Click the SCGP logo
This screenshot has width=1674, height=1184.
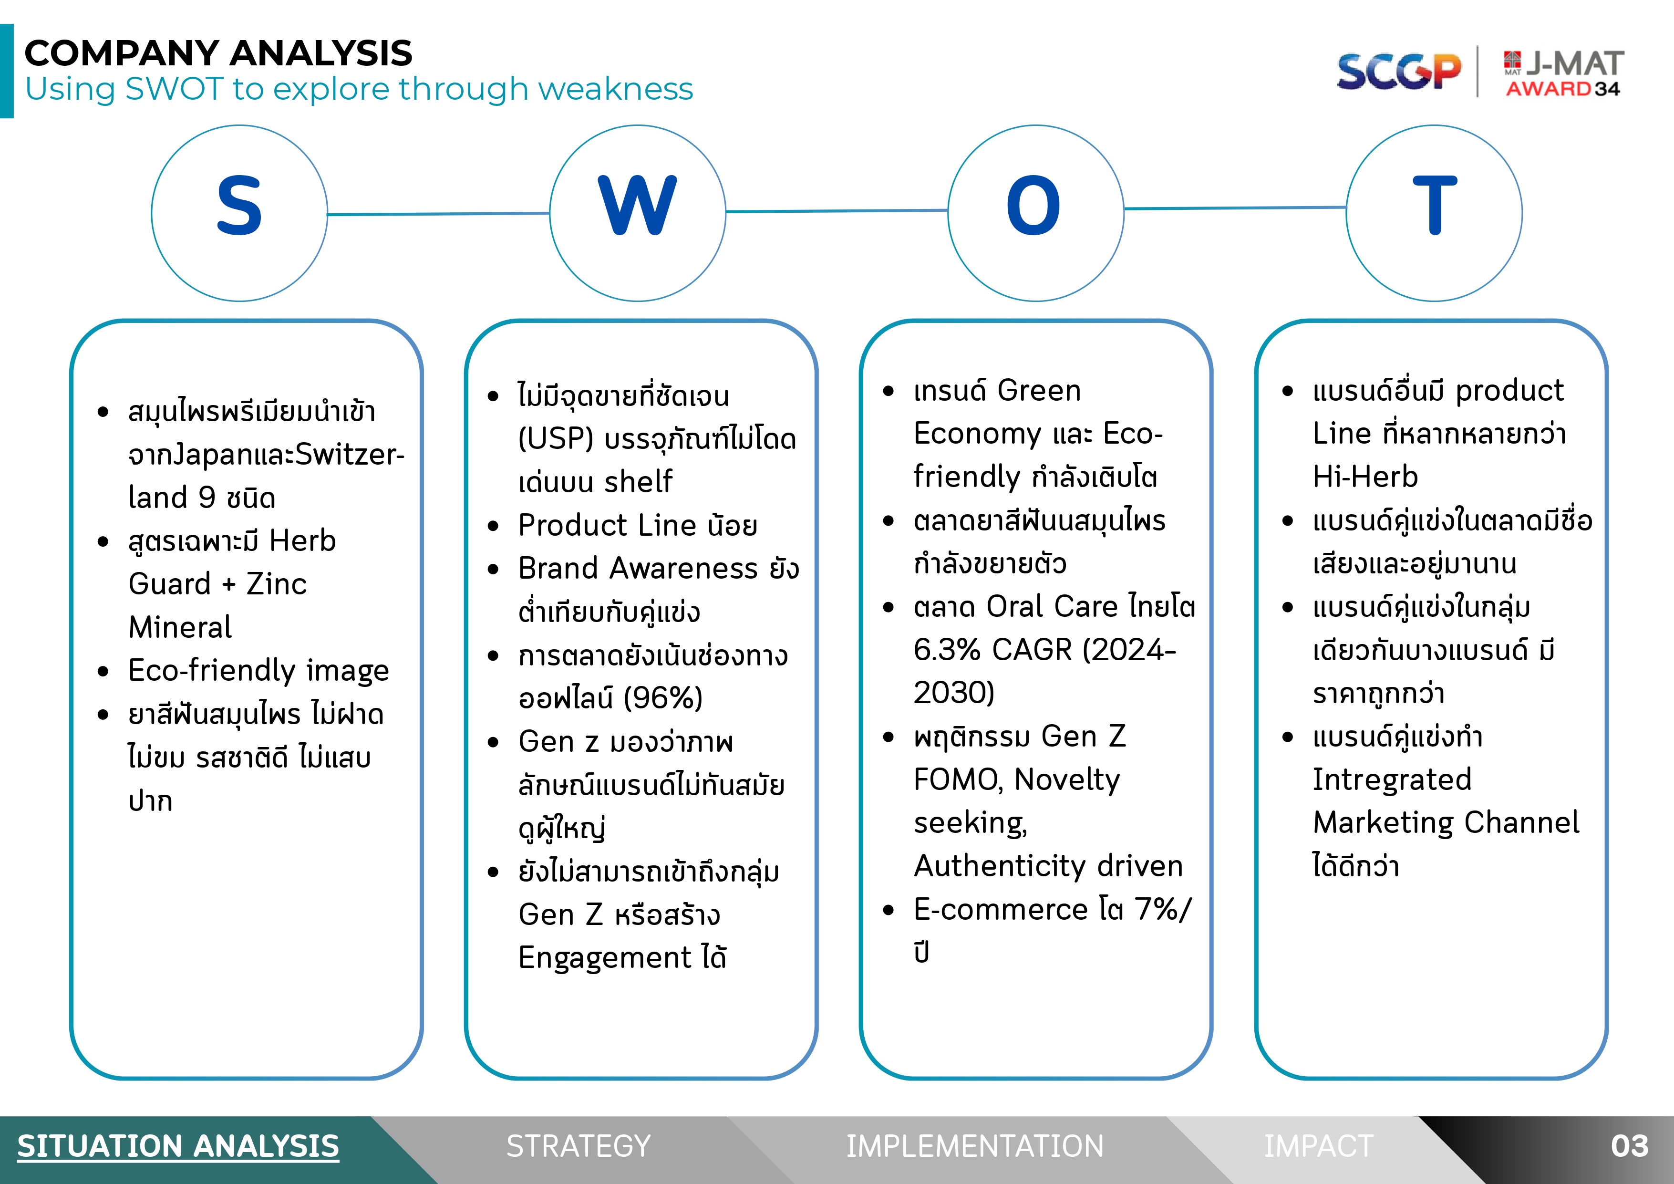(1399, 72)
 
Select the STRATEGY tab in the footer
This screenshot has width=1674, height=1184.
(578, 1146)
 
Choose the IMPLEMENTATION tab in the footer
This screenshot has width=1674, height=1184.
(975, 1146)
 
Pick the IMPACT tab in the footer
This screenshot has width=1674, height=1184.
(1318, 1146)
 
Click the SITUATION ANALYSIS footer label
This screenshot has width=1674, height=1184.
(178, 1146)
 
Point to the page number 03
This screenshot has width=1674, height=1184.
(1630, 1146)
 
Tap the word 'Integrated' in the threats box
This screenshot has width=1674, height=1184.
(1392, 780)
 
